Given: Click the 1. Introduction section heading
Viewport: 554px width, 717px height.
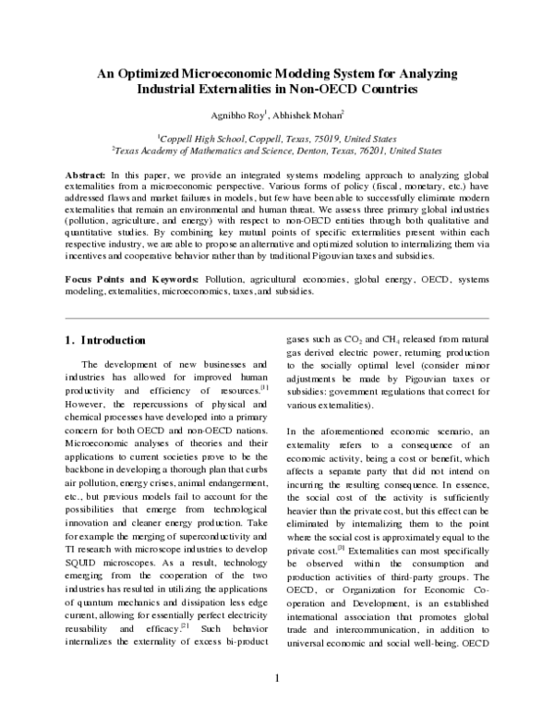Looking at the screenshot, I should coord(106,341).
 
